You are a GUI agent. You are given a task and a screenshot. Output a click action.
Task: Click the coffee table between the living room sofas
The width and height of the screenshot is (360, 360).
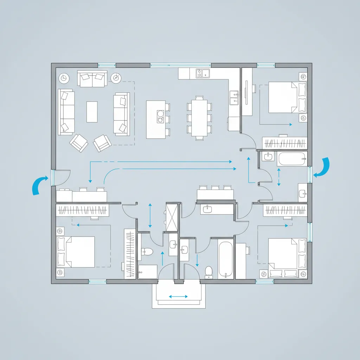pyautogui.click(x=92, y=112)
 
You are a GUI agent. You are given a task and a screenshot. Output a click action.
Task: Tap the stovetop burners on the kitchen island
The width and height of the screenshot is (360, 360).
pyautogui.click(x=160, y=117)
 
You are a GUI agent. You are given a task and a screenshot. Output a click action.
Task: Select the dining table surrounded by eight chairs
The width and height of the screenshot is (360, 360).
pyautogui.click(x=199, y=118)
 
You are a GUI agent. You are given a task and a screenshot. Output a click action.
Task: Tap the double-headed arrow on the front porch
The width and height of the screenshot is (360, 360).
pyautogui.click(x=178, y=297)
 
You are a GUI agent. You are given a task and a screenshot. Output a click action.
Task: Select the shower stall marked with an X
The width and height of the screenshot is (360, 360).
pyautogui.click(x=172, y=217)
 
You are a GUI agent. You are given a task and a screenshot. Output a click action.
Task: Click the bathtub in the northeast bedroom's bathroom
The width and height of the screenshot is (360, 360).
pyautogui.click(x=291, y=159)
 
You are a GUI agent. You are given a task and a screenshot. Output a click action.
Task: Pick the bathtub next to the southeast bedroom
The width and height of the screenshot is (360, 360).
pyautogui.click(x=225, y=259)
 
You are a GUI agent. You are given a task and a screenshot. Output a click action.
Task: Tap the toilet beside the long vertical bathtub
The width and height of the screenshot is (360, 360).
pyautogui.click(x=209, y=271)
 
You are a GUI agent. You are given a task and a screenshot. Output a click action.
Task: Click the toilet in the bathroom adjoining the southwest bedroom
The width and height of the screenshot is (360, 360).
pyautogui.click(x=147, y=251)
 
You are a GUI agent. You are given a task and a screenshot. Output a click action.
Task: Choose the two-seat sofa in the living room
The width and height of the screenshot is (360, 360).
pyautogui.click(x=92, y=79)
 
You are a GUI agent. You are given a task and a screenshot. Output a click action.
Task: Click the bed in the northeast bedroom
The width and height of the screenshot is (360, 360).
pyautogui.click(x=283, y=97)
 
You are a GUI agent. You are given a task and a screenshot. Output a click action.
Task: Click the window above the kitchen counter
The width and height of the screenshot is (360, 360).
pyautogui.click(x=181, y=65)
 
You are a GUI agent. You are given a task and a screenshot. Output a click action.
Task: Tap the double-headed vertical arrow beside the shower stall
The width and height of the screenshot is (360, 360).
pyautogui.click(x=150, y=215)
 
